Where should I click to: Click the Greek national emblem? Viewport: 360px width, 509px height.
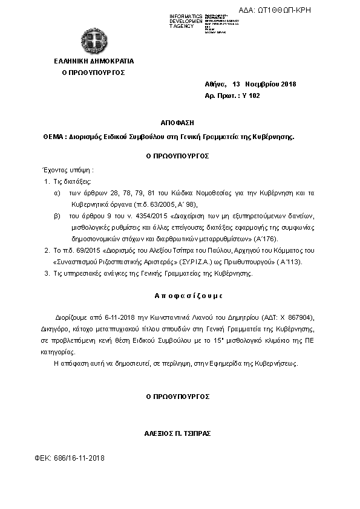[93, 41]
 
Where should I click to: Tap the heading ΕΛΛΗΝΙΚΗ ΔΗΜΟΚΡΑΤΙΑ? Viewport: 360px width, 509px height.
[94, 61]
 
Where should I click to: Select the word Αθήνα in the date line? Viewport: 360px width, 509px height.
[215, 84]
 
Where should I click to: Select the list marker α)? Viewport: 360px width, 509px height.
[57, 193]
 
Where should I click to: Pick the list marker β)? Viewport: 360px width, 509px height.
[57, 216]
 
